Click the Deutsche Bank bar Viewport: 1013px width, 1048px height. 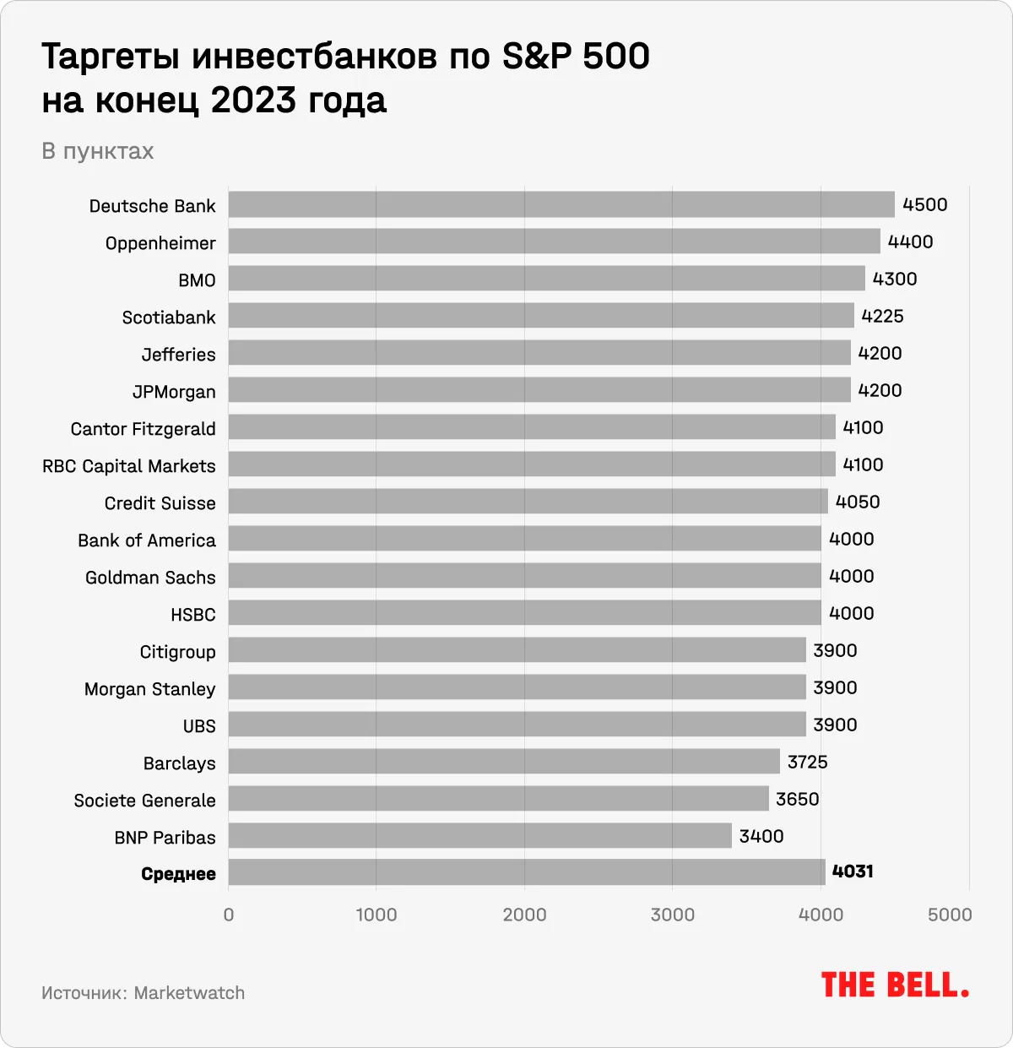pyautogui.click(x=561, y=204)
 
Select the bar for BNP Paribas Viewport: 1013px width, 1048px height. pyautogui.click(x=479, y=836)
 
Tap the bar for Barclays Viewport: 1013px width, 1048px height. pyautogui.click(x=504, y=762)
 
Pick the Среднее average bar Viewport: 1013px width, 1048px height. pyautogui.click(x=527, y=872)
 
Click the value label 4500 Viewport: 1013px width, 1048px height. pyautogui.click(x=924, y=205)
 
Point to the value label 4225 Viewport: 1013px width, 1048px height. pyautogui.click(x=882, y=317)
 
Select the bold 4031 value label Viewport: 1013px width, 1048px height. pyautogui.click(x=853, y=872)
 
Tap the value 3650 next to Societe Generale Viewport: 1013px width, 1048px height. pyautogui.click(x=797, y=799)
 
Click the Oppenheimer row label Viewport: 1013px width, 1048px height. pyautogui.click(x=160, y=243)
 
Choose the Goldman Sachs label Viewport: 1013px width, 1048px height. pyautogui.click(x=150, y=578)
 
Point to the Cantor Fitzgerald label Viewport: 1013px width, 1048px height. pyautogui.click(x=143, y=429)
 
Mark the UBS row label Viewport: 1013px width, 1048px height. pyautogui.click(x=199, y=726)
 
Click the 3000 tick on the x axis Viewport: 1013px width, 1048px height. pyautogui.click(x=673, y=915)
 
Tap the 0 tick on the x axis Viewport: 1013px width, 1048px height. pyautogui.click(x=229, y=915)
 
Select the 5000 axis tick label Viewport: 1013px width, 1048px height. pyautogui.click(x=950, y=915)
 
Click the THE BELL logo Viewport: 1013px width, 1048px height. pyautogui.click(x=895, y=986)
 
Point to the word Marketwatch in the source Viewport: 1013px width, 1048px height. pyautogui.click(x=189, y=993)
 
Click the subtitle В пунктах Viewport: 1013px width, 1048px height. pyautogui.click(x=98, y=151)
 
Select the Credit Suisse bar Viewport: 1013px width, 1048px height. pyautogui.click(x=528, y=502)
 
